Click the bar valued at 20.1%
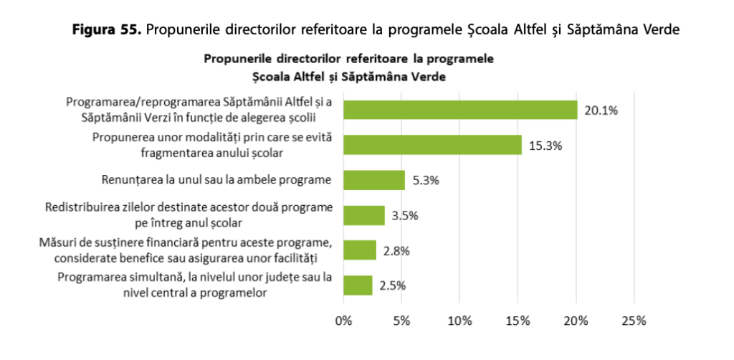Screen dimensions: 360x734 (460, 110)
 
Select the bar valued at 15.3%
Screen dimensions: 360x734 (432, 145)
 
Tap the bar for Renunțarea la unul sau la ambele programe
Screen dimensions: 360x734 (374, 180)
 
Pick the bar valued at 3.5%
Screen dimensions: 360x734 (364, 215)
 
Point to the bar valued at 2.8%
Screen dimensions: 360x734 (360, 250)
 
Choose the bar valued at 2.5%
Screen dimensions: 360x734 (358, 285)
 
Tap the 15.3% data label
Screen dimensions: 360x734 (545, 146)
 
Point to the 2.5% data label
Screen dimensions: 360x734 (392, 285)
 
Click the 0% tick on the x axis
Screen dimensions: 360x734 (344, 319)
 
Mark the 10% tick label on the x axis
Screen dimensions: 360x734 (460, 319)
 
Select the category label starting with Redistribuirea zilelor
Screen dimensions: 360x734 (189, 215)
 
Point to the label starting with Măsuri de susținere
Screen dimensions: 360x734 (186, 250)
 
